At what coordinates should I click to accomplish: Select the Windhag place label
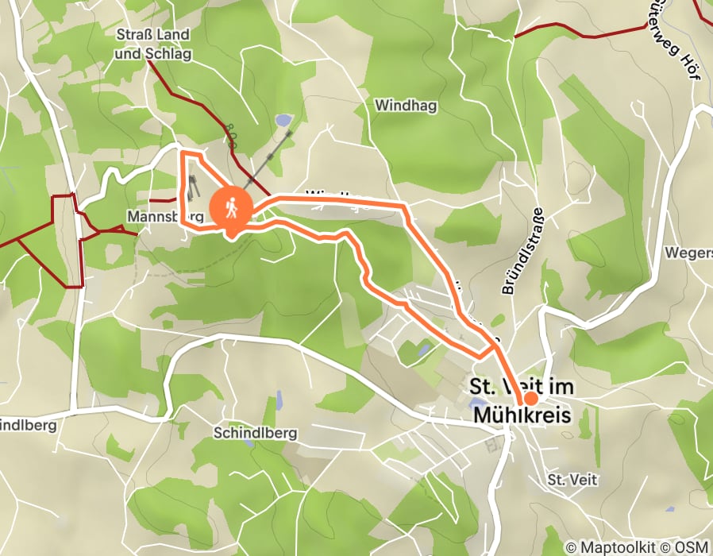407,105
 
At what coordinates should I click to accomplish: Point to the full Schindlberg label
255,433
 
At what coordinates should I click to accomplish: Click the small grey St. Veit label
572,480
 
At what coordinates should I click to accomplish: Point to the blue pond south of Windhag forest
282,121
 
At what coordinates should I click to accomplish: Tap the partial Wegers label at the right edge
689,253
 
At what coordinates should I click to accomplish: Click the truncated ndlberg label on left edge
29,425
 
